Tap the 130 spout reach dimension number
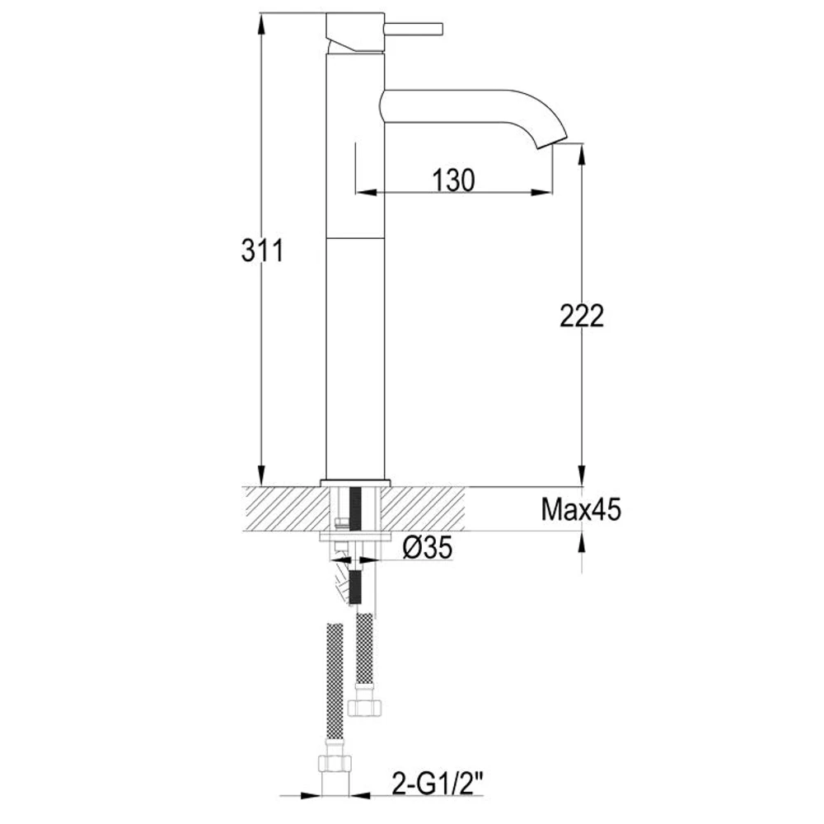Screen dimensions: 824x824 tap(452, 179)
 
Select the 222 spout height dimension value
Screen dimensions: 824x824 tap(581, 316)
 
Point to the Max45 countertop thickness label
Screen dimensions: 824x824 tap(581, 510)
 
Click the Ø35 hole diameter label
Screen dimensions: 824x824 tap(428, 548)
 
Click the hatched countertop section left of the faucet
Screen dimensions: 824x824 tap(280, 508)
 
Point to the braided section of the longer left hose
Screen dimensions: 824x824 tap(334, 676)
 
